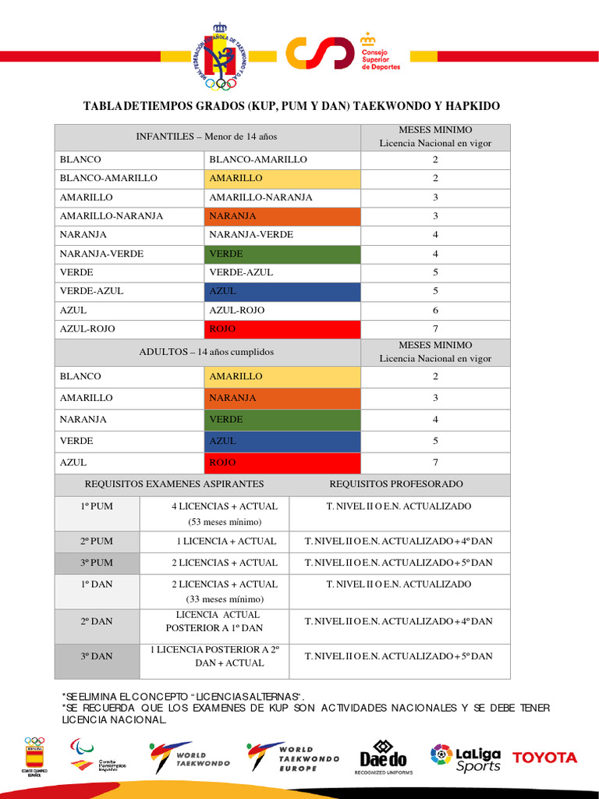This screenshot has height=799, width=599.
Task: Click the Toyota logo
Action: (x=544, y=757)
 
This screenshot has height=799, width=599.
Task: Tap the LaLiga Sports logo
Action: (x=466, y=757)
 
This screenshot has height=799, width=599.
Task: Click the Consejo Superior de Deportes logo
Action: (x=343, y=54)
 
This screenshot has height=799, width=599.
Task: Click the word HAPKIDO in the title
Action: (x=469, y=106)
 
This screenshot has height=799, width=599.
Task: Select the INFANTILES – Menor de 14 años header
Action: (x=207, y=137)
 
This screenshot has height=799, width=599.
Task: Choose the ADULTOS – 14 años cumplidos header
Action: (x=207, y=352)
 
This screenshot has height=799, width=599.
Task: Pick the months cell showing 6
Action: (x=435, y=310)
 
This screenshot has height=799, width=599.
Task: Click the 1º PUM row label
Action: (x=97, y=506)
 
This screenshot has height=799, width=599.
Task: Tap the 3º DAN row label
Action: (x=97, y=656)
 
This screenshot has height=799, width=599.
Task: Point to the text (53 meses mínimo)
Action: (x=224, y=521)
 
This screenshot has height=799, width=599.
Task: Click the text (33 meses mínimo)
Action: (x=225, y=599)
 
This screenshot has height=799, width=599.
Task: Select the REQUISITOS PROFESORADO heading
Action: (x=396, y=484)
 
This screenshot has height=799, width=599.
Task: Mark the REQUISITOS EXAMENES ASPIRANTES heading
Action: (x=174, y=484)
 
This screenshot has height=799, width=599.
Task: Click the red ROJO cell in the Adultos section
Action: (x=282, y=463)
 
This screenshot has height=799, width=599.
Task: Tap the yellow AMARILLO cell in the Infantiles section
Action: (x=282, y=178)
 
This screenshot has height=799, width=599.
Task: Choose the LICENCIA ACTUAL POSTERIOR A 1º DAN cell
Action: (x=214, y=621)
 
